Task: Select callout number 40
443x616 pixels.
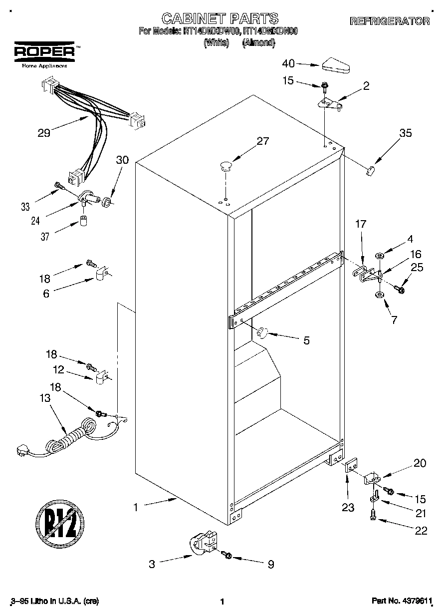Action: pyautogui.click(x=288, y=63)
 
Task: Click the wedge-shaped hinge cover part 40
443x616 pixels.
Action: pyautogui.click(x=337, y=64)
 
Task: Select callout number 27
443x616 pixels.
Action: pyautogui.click(x=262, y=141)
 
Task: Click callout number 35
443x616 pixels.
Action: pyautogui.click(x=405, y=133)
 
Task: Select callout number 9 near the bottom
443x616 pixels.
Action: pyautogui.click(x=270, y=565)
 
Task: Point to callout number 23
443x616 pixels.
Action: pyautogui.click(x=348, y=508)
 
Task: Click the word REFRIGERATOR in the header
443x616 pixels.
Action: pyautogui.click(x=389, y=21)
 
